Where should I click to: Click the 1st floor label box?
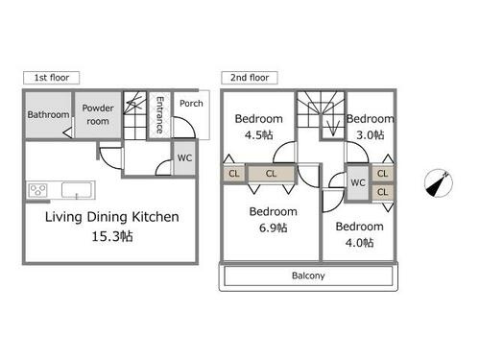[x=51, y=78]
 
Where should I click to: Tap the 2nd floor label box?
[x=250, y=78]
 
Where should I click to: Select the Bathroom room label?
[x=48, y=114]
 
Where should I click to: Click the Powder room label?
[x=98, y=114]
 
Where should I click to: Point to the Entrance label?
[x=159, y=115]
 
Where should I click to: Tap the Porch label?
[x=191, y=104]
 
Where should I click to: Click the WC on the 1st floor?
[x=184, y=157]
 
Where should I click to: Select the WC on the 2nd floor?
[x=358, y=182]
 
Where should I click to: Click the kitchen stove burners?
[x=38, y=190]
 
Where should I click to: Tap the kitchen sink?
[x=77, y=190]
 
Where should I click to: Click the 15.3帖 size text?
[x=112, y=236]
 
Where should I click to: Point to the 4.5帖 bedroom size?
[x=259, y=135]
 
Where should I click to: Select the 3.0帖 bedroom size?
[x=371, y=135]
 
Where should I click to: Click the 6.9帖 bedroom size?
[x=273, y=228]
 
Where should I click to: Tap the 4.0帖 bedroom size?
[x=359, y=243]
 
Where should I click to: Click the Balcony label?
[x=308, y=276]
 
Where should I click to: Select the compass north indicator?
[x=439, y=183]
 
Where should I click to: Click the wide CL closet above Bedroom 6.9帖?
[x=271, y=174]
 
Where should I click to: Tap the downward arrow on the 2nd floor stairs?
[x=333, y=127]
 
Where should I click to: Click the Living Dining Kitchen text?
[x=112, y=217]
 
